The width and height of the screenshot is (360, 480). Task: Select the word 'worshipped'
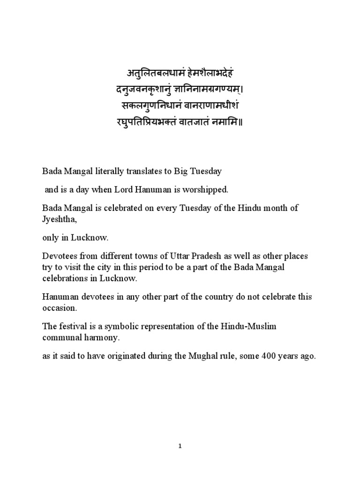click(207, 190)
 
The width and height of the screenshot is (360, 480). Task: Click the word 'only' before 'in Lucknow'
click(50, 238)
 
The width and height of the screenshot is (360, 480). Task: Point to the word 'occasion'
click(58, 308)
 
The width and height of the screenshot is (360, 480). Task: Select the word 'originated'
click(126, 356)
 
